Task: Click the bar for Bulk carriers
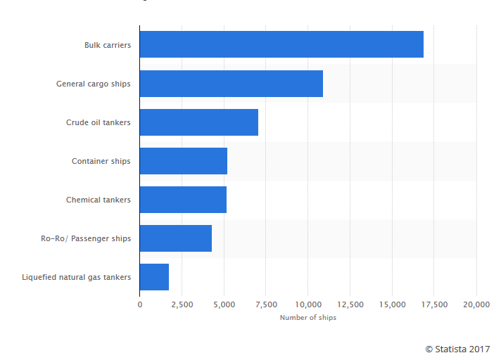281,44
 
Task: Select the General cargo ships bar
231,84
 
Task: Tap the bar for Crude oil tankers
198,122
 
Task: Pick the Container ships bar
183,161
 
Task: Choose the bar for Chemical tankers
183,200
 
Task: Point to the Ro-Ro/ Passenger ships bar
175,238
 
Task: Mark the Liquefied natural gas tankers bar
154,277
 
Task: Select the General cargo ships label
94,84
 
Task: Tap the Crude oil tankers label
99,122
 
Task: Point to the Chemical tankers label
99,200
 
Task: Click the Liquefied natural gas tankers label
77,277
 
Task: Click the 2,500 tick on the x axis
182,304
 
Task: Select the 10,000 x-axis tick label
308,304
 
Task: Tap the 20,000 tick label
476,304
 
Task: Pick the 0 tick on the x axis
140,304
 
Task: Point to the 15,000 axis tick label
392,304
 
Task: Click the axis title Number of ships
308,318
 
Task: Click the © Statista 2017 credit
457,349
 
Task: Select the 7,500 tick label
266,304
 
